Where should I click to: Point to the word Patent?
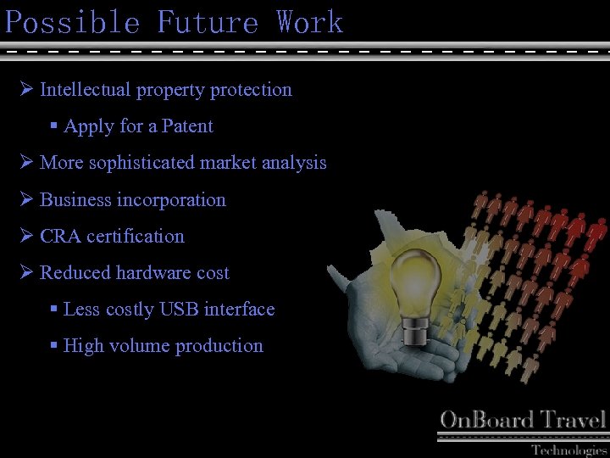click(x=187, y=126)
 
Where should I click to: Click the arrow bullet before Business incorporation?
click(x=25, y=199)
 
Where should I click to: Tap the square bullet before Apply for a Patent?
click(x=53, y=126)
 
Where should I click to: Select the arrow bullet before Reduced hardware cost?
click(x=25, y=272)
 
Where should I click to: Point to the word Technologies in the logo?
click(x=568, y=450)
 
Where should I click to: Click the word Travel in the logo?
click(x=574, y=420)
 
